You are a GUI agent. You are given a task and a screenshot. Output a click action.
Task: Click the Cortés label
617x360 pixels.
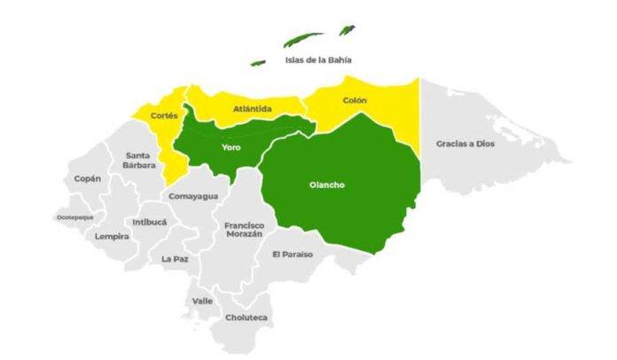coord(165,115)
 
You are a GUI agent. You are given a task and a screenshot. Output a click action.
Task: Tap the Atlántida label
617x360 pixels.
coord(253,109)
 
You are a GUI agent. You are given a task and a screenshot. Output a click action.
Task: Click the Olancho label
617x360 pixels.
coord(327,185)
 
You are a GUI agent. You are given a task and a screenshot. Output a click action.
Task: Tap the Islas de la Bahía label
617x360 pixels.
coord(317,60)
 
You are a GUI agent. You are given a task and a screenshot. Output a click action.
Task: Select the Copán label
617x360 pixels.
coord(87,178)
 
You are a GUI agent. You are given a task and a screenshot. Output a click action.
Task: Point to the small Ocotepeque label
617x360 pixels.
coord(74,216)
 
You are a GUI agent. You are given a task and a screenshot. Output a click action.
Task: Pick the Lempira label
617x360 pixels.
coord(113,237)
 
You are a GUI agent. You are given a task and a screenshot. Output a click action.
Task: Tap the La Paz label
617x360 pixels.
coord(174,259)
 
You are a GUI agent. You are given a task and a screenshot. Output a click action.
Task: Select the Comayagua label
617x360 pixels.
coord(192,196)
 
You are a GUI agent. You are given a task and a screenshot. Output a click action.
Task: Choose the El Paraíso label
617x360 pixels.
coord(292,255)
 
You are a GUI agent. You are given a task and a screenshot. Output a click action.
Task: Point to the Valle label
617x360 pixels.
coord(203,301)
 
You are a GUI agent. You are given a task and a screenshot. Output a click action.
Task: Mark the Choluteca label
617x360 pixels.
coord(246,317)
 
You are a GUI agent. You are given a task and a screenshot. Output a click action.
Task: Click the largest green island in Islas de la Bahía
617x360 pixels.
coord(303,40)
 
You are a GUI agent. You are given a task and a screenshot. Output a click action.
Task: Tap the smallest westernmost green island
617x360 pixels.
coord(258,63)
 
